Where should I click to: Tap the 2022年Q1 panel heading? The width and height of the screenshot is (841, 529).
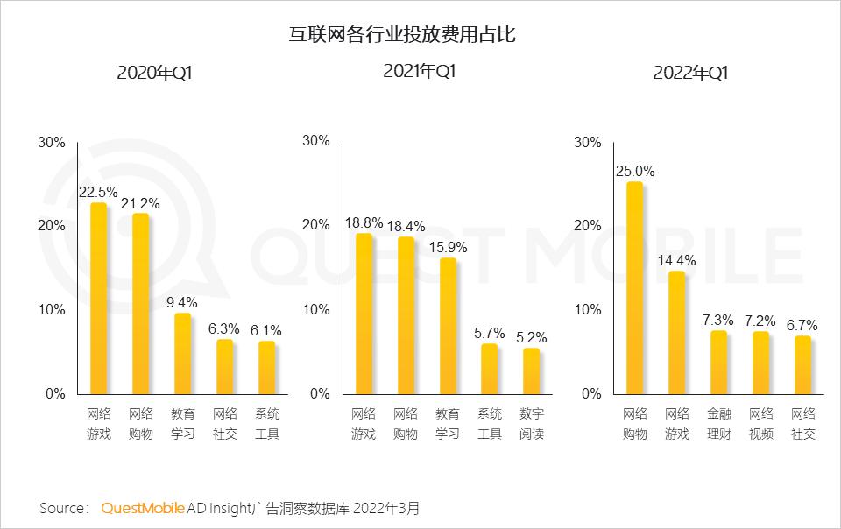(690, 74)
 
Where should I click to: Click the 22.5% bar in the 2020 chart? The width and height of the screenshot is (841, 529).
(99, 298)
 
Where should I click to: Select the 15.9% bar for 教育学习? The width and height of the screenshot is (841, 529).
(448, 325)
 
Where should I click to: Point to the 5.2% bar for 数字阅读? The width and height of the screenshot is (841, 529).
(532, 370)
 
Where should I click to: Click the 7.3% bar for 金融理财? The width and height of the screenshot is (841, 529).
(718, 362)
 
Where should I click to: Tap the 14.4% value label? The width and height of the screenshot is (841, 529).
(676, 260)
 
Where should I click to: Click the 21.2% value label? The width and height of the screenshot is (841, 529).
(141, 203)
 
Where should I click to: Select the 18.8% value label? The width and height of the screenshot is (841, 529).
(364, 223)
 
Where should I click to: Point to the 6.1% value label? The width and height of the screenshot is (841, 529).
(267, 330)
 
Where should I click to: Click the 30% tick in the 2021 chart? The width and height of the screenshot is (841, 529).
(315, 141)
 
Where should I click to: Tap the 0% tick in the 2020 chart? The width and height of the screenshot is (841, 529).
(55, 393)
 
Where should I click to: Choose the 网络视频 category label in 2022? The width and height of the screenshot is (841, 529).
(761, 423)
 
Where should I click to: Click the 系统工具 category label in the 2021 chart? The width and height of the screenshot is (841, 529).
(490, 423)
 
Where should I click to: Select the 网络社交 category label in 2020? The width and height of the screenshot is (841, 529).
(225, 423)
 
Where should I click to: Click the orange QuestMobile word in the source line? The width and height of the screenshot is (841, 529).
(143, 508)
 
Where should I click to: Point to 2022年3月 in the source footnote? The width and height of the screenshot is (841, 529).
(388, 508)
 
